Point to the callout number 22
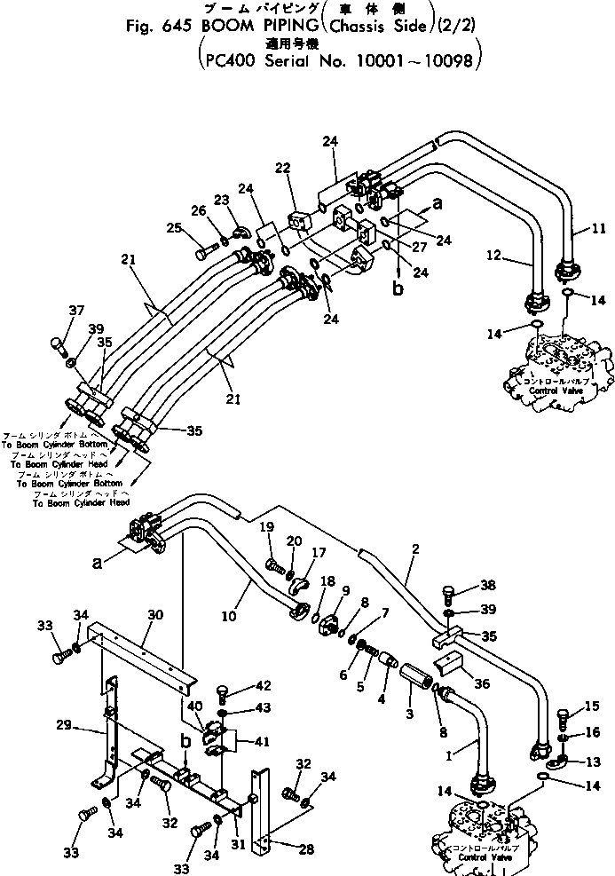pos(282,168)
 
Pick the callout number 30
pos(155,614)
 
